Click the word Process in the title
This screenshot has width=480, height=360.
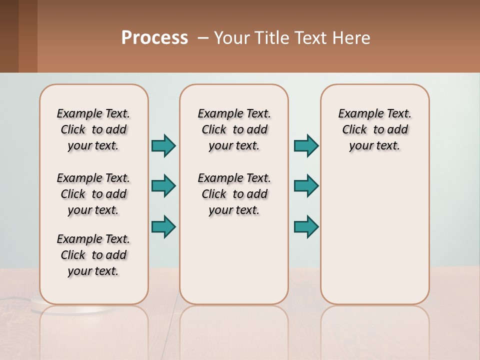pos(154,38)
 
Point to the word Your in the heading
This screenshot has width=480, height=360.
pos(232,38)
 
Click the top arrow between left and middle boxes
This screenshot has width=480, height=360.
pos(163,146)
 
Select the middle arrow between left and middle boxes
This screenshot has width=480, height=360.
pos(163,186)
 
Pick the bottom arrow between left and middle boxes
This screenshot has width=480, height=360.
pos(163,226)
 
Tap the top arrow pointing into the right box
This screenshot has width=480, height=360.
pos(306,146)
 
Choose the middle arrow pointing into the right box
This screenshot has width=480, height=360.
pos(306,186)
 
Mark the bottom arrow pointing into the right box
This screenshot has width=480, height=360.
pos(306,226)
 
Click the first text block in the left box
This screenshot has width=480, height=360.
pos(93,129)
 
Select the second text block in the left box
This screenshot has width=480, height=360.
pos(93,194)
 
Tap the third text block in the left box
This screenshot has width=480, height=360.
pos(93,255)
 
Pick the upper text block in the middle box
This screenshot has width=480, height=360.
pos(234,129)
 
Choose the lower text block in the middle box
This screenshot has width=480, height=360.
pos(234,194)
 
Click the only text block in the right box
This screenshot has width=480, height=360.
pos(374,129)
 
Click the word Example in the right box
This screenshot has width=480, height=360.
pos(358,114)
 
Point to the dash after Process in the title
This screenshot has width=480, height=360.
pos(202,38)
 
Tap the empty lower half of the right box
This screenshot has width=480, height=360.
pos(374,240)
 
